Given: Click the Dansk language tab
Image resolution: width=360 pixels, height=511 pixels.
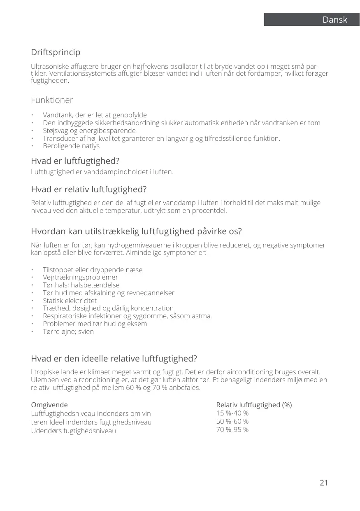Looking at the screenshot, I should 334,20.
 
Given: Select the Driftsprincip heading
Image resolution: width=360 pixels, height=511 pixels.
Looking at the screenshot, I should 56,53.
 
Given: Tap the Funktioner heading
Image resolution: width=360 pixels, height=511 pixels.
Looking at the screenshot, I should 52,100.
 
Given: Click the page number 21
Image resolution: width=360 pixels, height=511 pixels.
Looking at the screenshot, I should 324,483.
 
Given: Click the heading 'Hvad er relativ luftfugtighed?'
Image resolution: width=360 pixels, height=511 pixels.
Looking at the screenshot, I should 88,190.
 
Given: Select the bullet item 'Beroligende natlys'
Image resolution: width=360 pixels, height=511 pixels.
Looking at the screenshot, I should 71,146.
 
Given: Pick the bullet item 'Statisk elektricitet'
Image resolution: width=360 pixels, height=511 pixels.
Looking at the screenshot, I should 70,301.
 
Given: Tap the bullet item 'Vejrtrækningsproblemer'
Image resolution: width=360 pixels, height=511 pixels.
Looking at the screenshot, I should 80,277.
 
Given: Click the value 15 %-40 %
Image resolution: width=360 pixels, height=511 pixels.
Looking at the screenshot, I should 232,413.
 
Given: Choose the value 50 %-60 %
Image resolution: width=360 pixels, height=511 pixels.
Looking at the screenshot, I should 232,421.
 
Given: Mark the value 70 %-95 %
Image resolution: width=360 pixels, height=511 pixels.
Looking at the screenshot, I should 232,429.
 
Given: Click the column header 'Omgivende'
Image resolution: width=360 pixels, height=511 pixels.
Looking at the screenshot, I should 49,405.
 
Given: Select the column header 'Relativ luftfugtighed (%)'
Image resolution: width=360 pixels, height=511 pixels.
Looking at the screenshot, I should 254,405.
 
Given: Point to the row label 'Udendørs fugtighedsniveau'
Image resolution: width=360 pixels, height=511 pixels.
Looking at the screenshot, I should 73,431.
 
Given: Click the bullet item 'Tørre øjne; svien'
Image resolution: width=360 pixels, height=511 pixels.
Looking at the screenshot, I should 68,331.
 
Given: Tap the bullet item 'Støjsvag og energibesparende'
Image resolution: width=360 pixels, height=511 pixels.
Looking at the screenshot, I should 89,131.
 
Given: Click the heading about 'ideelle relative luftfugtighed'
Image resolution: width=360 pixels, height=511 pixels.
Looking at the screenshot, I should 114,357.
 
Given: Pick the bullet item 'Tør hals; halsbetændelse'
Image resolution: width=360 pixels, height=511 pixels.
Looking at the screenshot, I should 81,285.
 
